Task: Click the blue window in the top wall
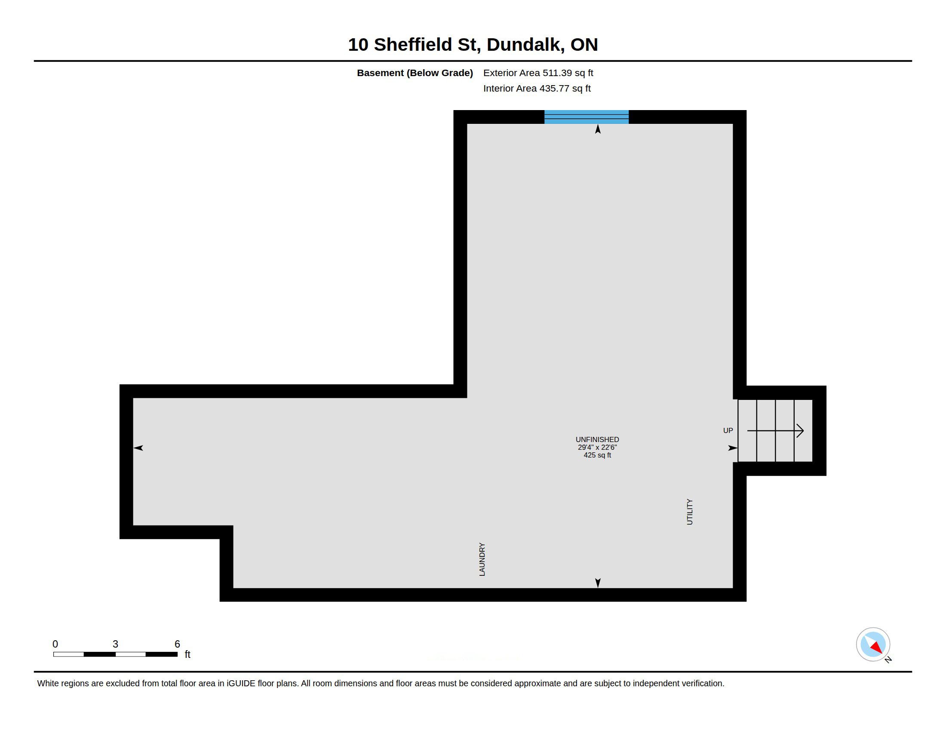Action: pos(586,117)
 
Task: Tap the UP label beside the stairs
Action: pos(728,430)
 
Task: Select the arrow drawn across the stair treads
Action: pos(775,430)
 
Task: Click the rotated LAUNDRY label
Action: pos(482,559)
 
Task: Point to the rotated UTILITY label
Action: pos(690,512)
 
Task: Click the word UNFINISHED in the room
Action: pos(597,439)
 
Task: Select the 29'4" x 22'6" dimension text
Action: pos(597,447)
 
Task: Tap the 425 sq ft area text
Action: pos(597,455)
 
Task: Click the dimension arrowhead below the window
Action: pos(598,129)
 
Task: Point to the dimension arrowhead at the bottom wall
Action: pos(598,583)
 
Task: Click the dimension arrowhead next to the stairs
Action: pos(732,448)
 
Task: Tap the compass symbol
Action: pos(873,645)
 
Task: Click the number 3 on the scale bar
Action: pos(115,644)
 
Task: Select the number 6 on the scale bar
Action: pos(177,644)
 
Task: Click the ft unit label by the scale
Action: pos(187,654)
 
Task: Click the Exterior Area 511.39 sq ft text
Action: pos(538,73)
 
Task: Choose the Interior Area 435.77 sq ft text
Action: pos(537,88)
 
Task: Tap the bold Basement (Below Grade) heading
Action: pos(415,73)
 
